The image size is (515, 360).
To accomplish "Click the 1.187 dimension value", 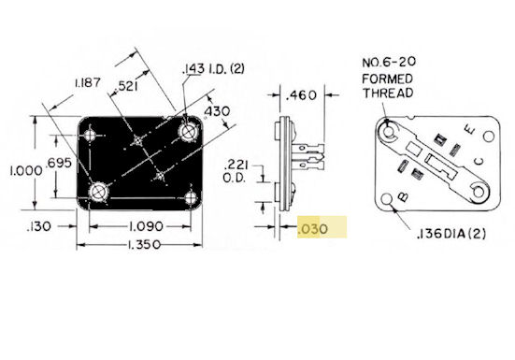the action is point(88,82).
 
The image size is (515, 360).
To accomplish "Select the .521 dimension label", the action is point(126,86).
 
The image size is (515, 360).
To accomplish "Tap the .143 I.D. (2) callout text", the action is point(213,69).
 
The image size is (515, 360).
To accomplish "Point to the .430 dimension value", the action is point(217,111).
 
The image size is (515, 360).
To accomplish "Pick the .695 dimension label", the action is point(59,163).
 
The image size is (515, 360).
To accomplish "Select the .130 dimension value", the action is point(39,226).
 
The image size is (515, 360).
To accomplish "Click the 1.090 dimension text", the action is point(146,226).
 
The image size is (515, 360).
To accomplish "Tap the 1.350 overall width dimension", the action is point(144,245).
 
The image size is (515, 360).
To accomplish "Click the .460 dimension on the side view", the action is point(301,95).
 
